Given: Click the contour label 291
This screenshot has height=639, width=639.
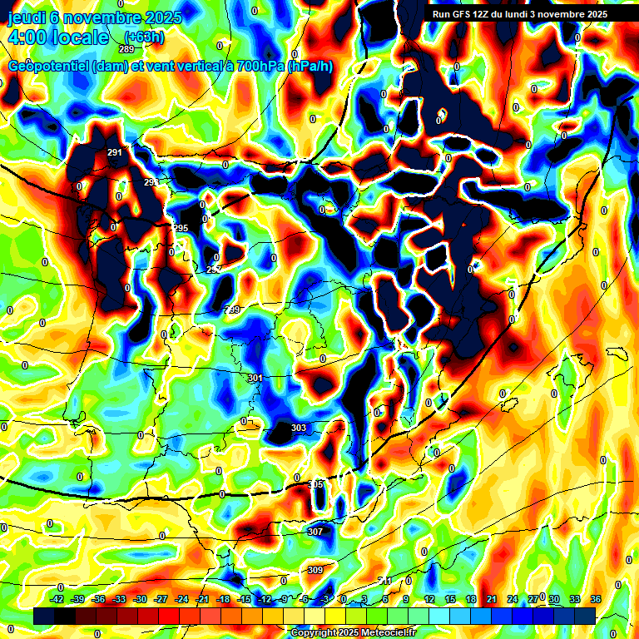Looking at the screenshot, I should pos(115,152).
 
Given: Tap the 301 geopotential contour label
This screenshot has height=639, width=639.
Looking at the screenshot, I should pos(255,378).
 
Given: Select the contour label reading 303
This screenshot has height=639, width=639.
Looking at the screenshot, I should pos(298,428).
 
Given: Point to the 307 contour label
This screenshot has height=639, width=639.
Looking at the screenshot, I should pos(315,531).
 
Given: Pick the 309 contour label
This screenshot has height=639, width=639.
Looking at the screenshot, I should pos(315,570).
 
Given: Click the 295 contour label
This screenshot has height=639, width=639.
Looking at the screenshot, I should pos(181,228).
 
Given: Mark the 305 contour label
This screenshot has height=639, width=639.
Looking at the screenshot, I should pos(315,484).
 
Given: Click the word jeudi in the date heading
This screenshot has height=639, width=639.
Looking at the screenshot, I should pos(27,17).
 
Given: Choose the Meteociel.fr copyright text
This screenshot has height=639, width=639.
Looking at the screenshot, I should pos(354,632).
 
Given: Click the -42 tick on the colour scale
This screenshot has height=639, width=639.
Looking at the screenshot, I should pos(57,599).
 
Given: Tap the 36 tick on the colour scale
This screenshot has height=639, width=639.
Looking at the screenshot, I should pos(595,599).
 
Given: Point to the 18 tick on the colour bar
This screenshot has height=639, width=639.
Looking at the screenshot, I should pos(470,599).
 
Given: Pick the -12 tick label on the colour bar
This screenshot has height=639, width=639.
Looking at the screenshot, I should pos(265,599).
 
